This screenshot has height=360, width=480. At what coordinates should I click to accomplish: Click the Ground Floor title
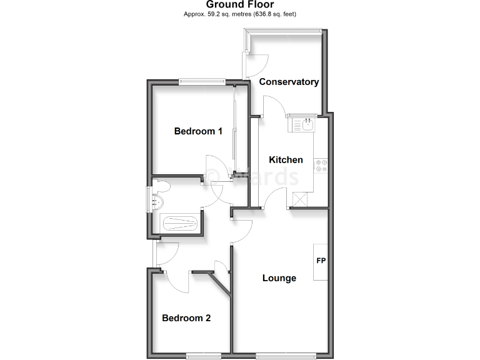pyautogui.click(x=239, y=5)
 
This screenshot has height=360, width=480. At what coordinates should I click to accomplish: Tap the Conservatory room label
pyautogui.click(x=289, y=82)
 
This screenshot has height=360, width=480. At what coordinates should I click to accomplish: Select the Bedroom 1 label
pyautogui.click(x=198, y=131)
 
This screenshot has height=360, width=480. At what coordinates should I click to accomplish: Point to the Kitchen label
pyautogui.click(x=286, y=160)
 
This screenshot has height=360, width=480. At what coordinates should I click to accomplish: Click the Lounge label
pyautogui.click(x=279, y=278)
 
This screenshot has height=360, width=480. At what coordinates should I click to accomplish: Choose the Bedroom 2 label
pyautogui.click(x=186, y=318)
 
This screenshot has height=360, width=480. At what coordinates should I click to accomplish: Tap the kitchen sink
pyautogui.click(x=304, y=125)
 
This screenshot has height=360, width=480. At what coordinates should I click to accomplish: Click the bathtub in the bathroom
pyautogui.click(x=181, y=222)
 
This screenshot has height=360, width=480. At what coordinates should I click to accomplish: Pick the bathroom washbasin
pyautogui.click(x=156, y=202)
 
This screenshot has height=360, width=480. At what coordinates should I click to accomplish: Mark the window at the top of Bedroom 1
pyautogui.click(x=201, y=80)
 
